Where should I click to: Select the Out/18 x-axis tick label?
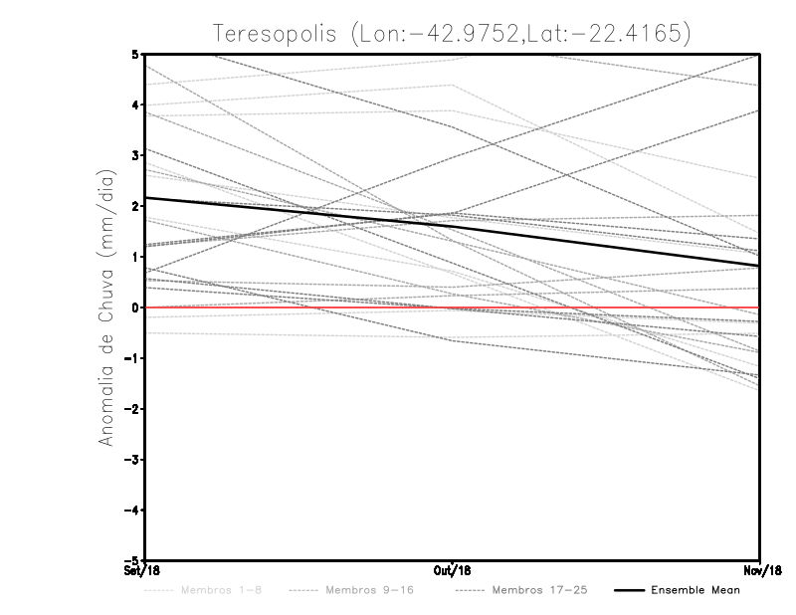pos(453,570)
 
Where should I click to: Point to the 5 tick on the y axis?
pos(135,54)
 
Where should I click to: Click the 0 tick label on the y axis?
pos(135,307)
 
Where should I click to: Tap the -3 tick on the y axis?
pos(132,459)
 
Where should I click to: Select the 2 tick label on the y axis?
pos(135,206)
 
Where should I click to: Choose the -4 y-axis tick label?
pos(132,510)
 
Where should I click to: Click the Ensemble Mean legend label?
pos(695,590)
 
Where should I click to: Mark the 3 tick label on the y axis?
pos(135,155)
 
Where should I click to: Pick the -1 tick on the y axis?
pos(132,358)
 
